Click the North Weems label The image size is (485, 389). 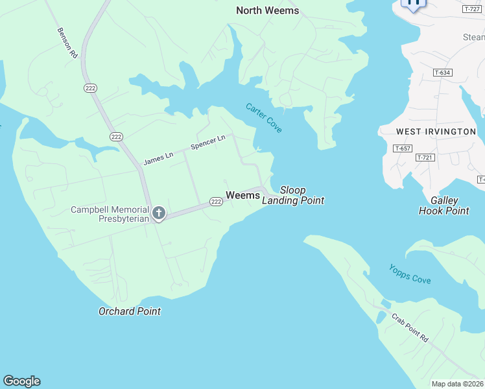click(267, 10)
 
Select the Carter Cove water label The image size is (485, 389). click(264, 118)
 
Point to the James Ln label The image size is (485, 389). click(158, 156)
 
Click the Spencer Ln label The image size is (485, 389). click(208, 143)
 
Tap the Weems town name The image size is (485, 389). click(242, 195)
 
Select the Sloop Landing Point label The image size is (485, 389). click(293, 195)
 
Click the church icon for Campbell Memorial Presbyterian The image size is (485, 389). click(158, 213)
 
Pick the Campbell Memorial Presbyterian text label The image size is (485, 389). click(111, 214)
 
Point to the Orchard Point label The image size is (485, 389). click(130, 311)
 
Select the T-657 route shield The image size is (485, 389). click(403, 148)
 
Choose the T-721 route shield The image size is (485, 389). click(424, 158)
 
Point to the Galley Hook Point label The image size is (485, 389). click(444, 206)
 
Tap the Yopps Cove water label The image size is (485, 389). click(410, 274)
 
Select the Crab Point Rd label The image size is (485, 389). click(410, 328)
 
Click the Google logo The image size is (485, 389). click(21, 381)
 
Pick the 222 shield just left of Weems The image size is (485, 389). click(217, 202)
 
